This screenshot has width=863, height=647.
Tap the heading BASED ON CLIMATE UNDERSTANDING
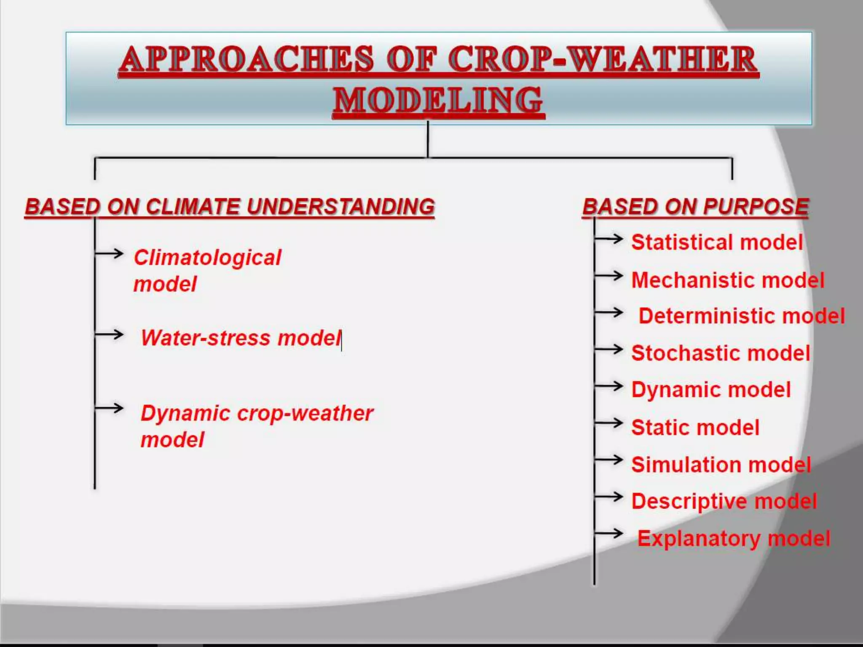pyautogui.click(x=230, y=207)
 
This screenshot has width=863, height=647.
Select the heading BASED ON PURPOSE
pyautogui.click(x=695, y=207)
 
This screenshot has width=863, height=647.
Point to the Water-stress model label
pyautogui.click(x=241, y=338)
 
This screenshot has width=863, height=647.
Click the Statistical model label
pyautogui.click(x=717, y=243)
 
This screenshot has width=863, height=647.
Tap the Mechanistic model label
pyautogui.click(x=728, y=280)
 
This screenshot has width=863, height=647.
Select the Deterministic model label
pyautogui.click(x=742, y=316)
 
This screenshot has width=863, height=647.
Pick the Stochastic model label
pyautogui.click(x=721, y=353)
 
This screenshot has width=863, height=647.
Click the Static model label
pyautogui.click(x=695, y=428)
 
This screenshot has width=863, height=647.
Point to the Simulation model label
pyautogui.click(x=721, y=465)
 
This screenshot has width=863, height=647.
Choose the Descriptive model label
pyautogui.click(x=724, y=501)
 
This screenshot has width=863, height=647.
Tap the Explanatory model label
pyautogui.click(x=734, y=538)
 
